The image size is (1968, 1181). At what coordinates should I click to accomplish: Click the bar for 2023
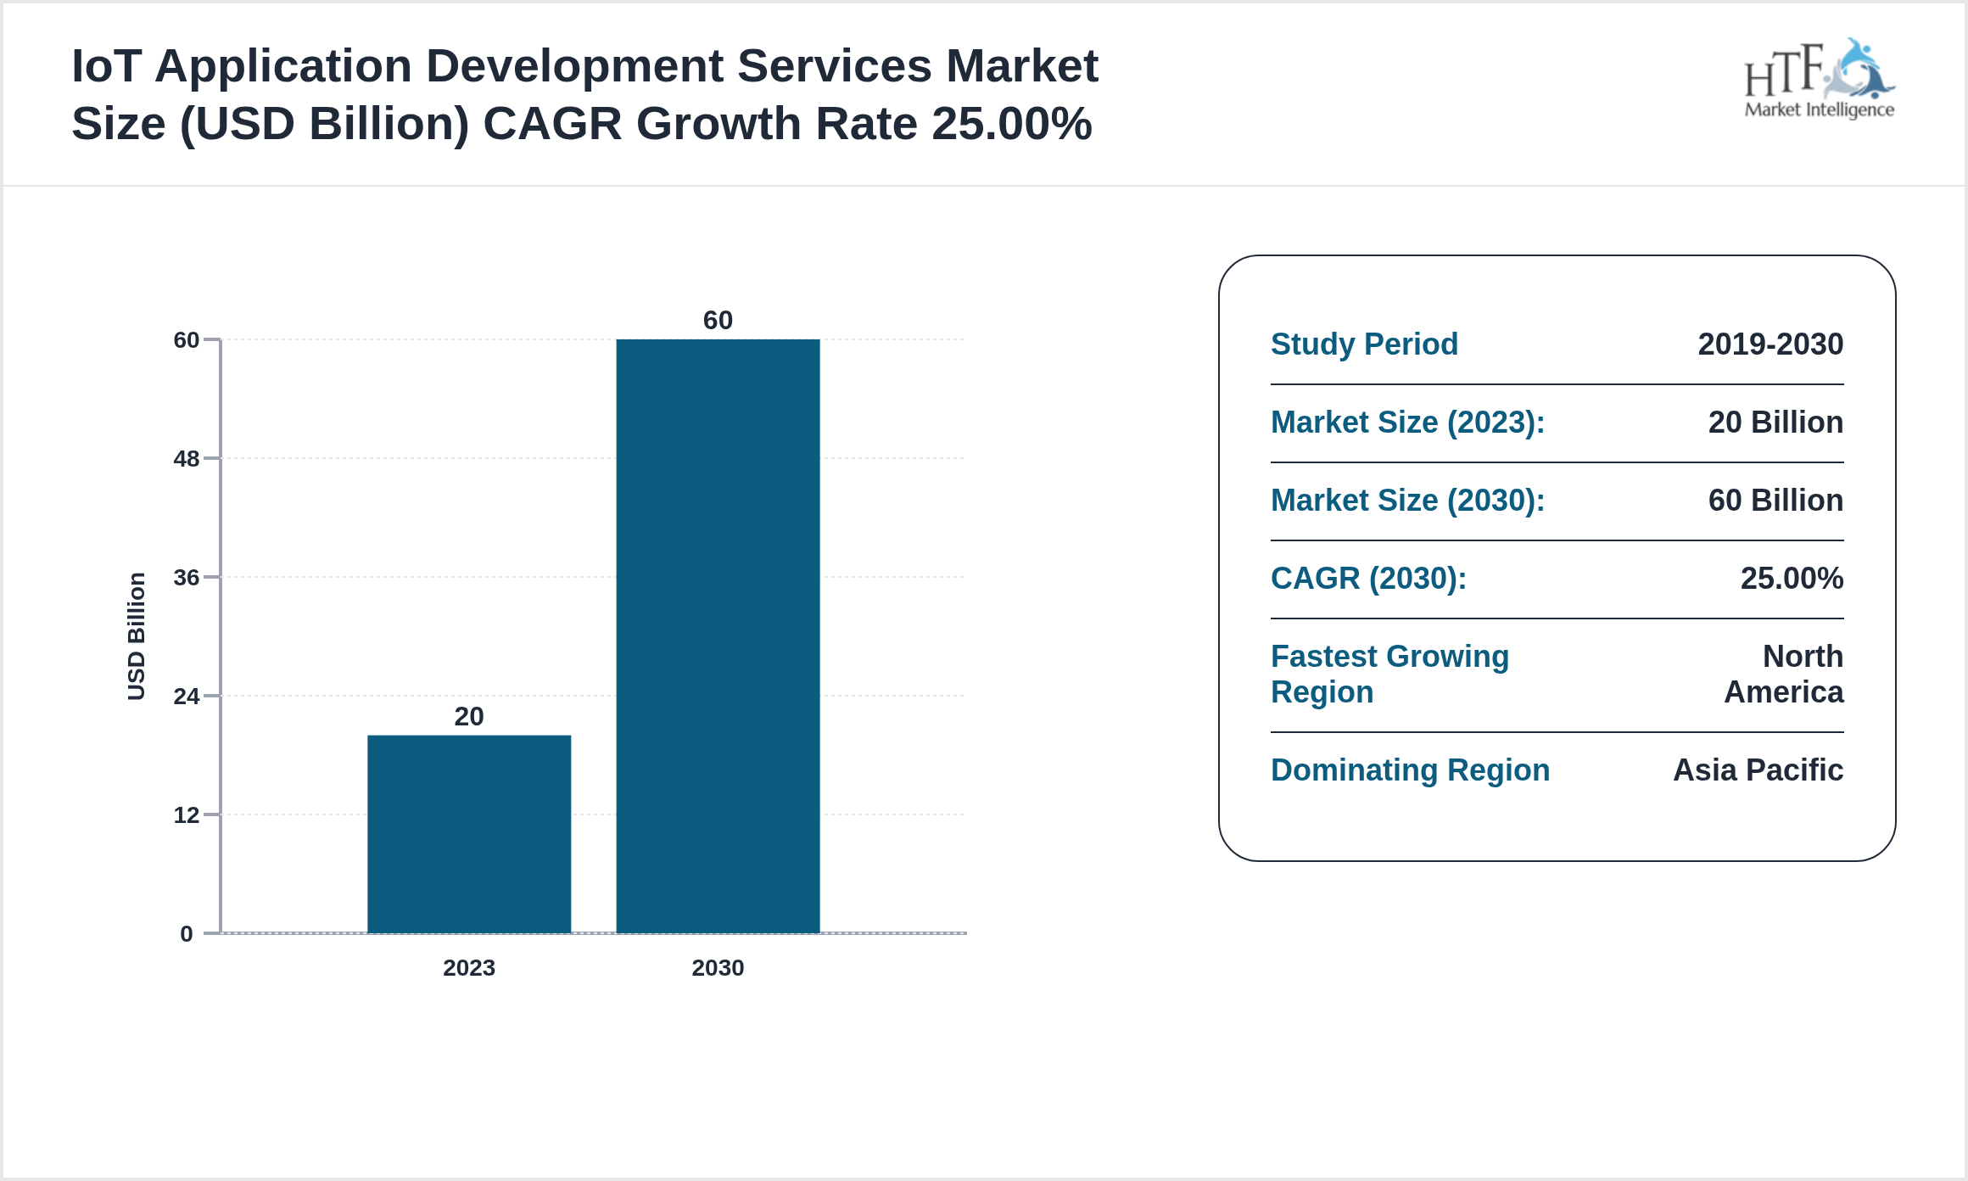pyautogui.click(x=468, y=834)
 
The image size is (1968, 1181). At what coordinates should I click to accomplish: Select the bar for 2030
pyautogui.click(x=718, y=636)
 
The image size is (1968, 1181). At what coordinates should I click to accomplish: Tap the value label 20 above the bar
pyautogui.click(x=468, y=717)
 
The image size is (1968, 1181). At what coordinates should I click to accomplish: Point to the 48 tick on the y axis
pyautogui.click(x=187, y=459)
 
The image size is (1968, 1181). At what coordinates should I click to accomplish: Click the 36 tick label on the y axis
pyautogui.click(x=187, y=578)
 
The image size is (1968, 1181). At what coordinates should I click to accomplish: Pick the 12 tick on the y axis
pyautogui.click(x=187, y=815)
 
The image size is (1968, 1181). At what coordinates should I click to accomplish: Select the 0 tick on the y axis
pyautogui.click(x=187, y=934)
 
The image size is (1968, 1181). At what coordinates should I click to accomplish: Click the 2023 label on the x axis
pyautogui.click(x=468, y=968)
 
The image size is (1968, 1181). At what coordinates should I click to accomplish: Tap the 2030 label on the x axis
pyautogui.click(x=718, y=968)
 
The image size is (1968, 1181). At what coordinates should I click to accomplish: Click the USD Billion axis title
pyautogui.click(x=137, y=636)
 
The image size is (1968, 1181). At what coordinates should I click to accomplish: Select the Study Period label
pyautogui.click(x=1364, y=344)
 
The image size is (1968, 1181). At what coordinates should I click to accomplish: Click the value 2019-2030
pyautogui.click(x=1770, y=344)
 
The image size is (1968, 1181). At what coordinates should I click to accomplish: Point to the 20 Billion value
pyautogui.click(x=1775, y=423)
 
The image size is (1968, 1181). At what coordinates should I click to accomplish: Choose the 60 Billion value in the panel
pyautogui.click(x=1775, y=501)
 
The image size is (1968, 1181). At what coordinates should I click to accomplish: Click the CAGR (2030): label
pyautogui.click(x=1368, y=579)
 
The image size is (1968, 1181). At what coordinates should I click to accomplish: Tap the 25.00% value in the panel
pyautogui.click(x=1792, y=579)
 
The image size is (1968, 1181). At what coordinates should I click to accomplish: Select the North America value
pyautogui.click(x=1784, y=674)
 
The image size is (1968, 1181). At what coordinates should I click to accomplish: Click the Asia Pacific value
pyautogui.click(x=1758, y=770)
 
